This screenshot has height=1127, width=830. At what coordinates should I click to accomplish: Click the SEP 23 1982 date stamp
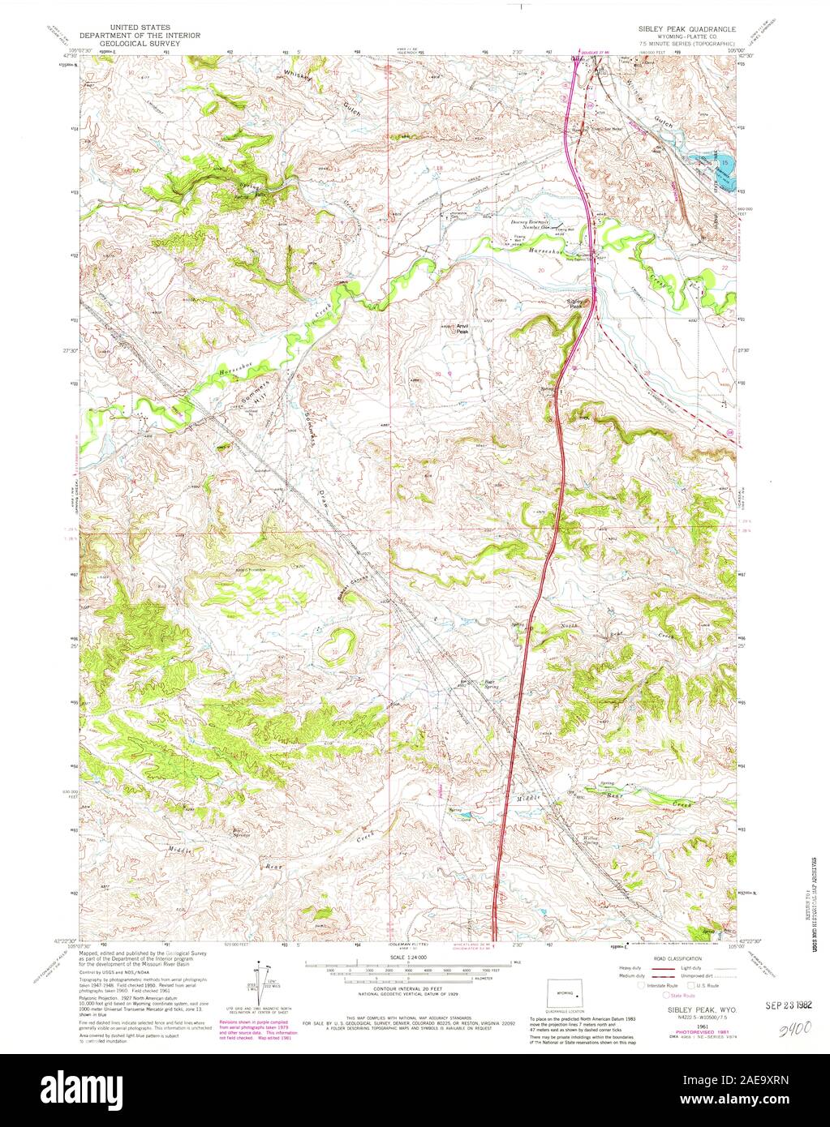coord(788,1003)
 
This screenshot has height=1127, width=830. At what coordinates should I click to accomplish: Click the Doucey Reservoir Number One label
coord(530,224)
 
